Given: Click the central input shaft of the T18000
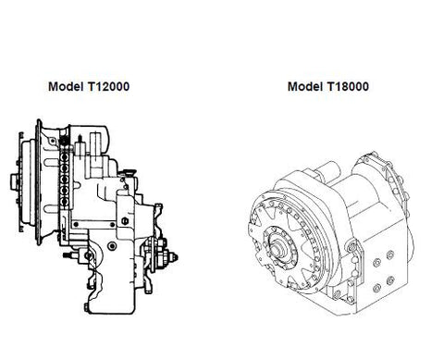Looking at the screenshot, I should [x=277, y=248].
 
